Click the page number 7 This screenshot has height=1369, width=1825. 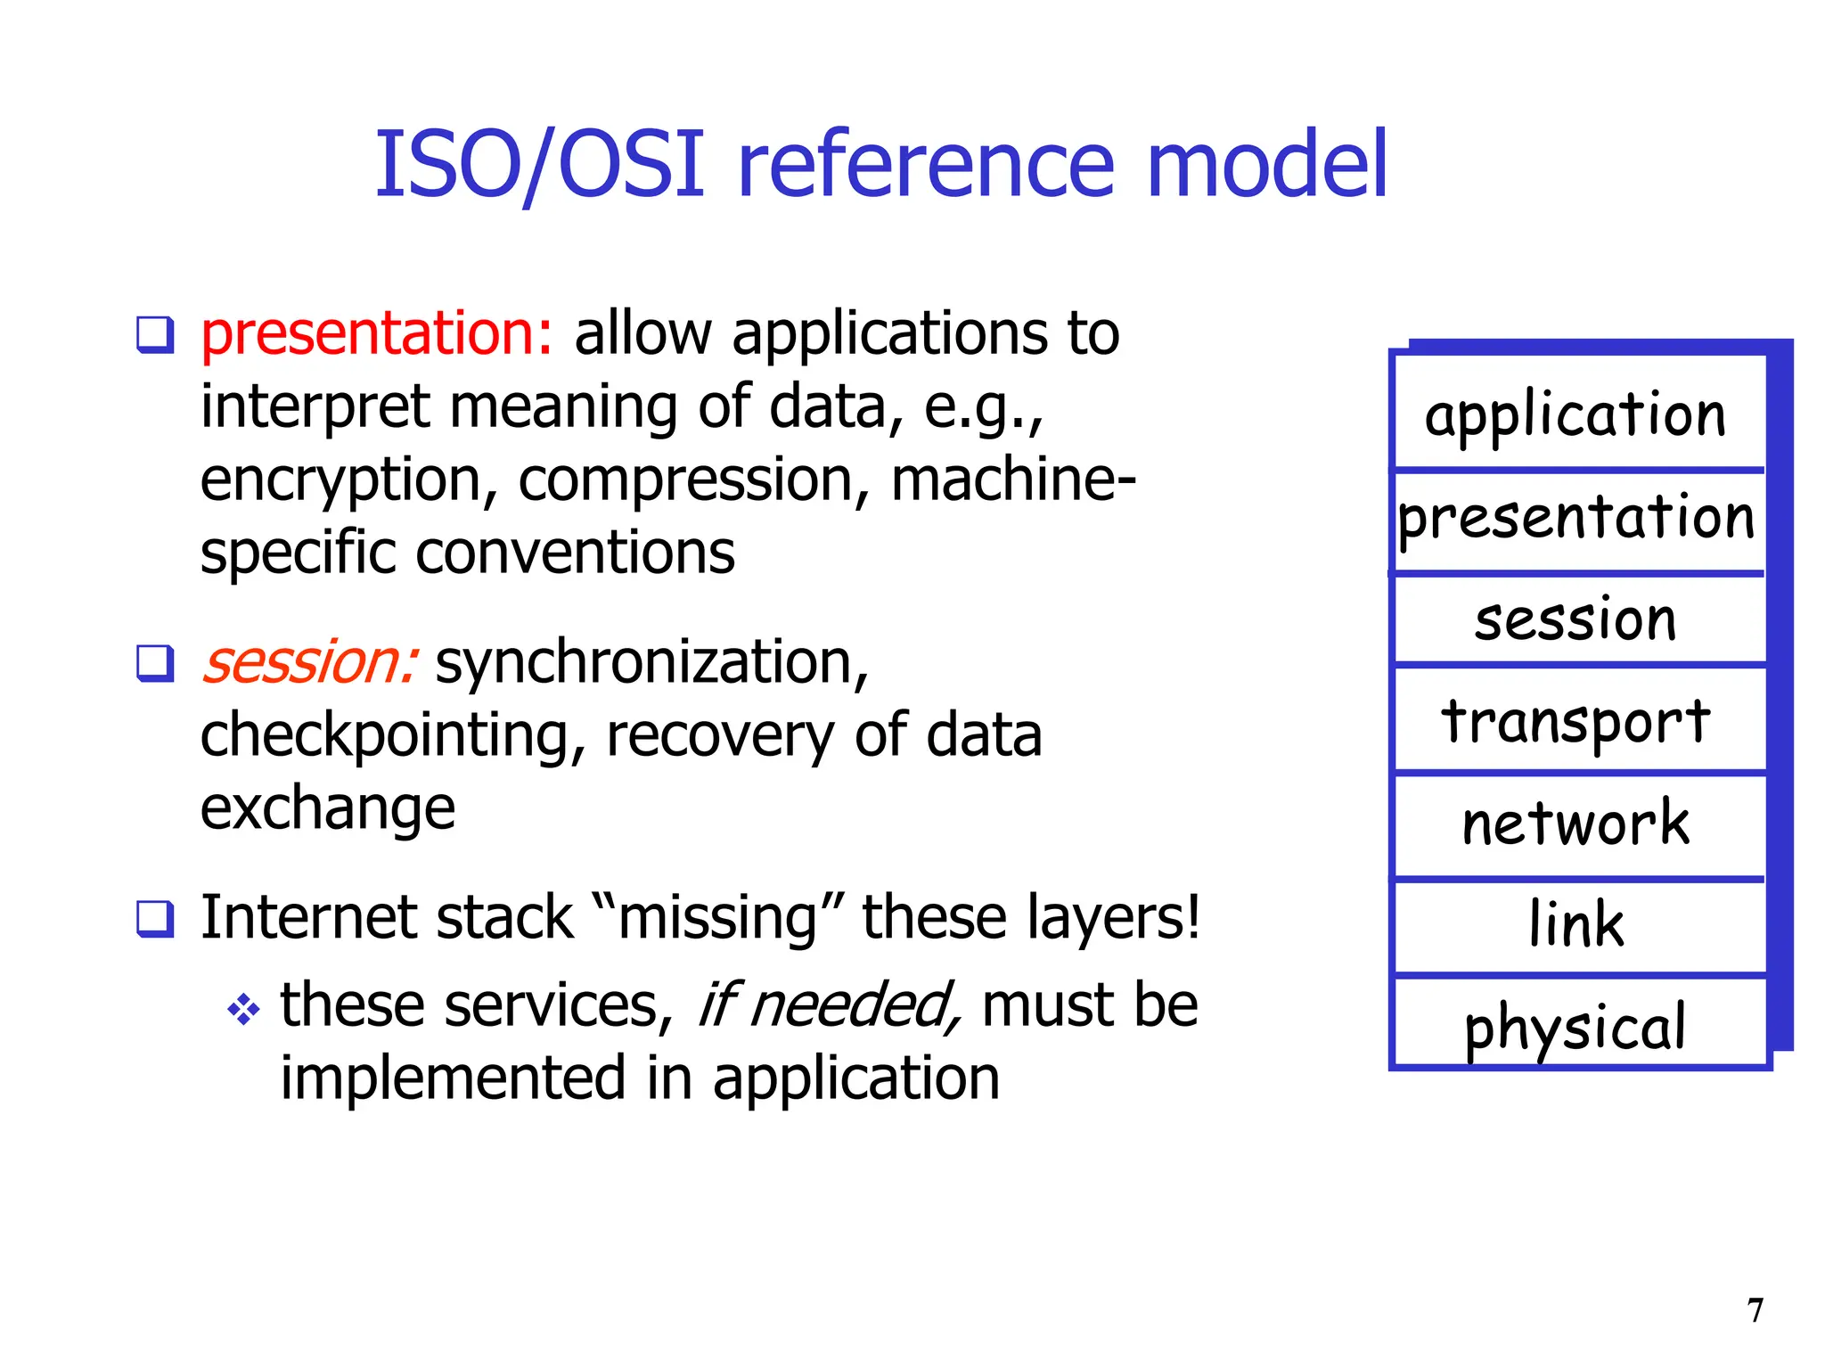click(1755, 1310)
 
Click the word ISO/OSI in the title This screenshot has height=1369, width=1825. click(540, 165)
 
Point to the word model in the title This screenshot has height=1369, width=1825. click(1266, 165)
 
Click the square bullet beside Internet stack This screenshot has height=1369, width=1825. click(155, 918)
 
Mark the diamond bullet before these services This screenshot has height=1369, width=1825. click(243, 1010)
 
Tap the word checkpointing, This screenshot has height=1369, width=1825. click(393, 736)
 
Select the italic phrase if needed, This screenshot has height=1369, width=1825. click(829, 1005)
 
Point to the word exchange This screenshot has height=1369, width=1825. click(327, 809)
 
